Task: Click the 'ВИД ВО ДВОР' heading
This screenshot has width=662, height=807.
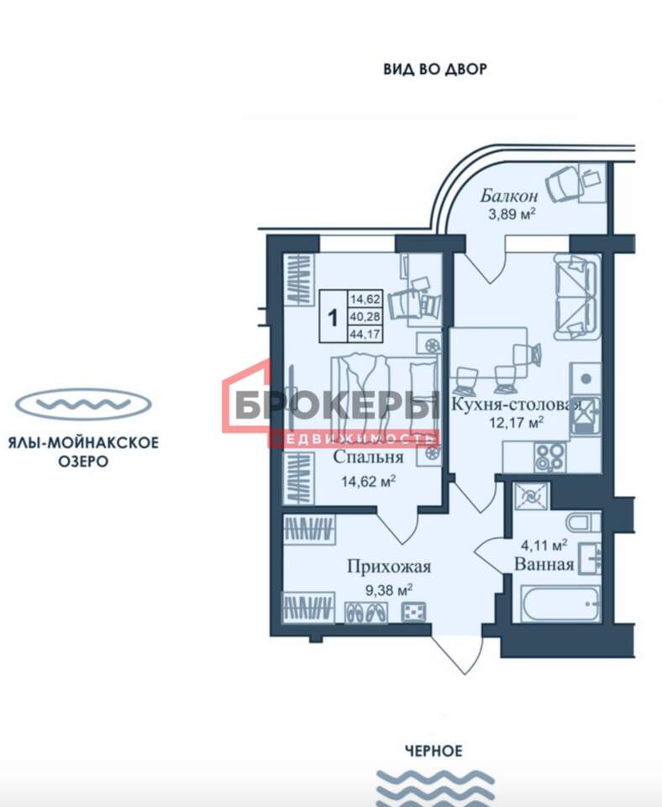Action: click(x=434, y=69)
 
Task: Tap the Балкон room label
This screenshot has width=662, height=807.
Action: click(x=509, y=196)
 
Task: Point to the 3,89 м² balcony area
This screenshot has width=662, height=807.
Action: click(x=512, y=213)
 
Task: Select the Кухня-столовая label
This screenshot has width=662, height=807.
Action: click(x=516, y=404)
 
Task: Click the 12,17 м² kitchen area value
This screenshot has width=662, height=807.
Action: click(x=517, y=423)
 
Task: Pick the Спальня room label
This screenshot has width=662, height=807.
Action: click(x=368, y=457)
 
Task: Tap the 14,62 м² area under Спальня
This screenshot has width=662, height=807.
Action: click(x=368, y=481)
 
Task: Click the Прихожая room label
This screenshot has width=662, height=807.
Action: click(x=389, y=567)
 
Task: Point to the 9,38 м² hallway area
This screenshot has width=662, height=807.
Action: click(x=389, y=590)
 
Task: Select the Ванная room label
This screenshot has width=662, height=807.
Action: click(x=544, y=564)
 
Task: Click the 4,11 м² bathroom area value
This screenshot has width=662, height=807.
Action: click(x=544, y=545)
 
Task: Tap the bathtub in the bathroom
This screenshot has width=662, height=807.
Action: click(x=560, y=604)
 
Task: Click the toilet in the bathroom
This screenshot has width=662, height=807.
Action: click(x=584, y=522)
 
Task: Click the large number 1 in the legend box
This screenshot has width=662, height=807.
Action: click(x=334, y=318)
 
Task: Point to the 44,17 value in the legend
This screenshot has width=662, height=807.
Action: click(x=365, y=335)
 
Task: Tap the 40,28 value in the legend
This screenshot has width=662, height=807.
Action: click(x=365, y=317)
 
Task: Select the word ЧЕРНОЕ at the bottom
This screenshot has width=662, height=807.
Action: click(x=433, y=752)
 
